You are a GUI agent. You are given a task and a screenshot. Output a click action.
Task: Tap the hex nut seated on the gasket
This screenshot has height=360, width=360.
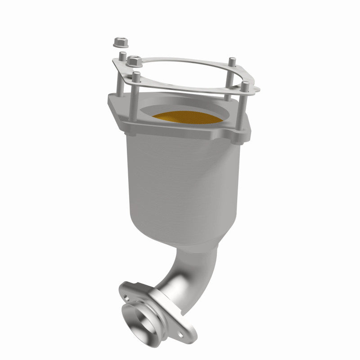tap(133, 60)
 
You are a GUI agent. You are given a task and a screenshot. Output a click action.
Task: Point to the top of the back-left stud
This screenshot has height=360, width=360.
tap(121, 55)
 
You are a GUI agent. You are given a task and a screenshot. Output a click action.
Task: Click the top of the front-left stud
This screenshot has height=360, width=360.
tap(136, 75)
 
